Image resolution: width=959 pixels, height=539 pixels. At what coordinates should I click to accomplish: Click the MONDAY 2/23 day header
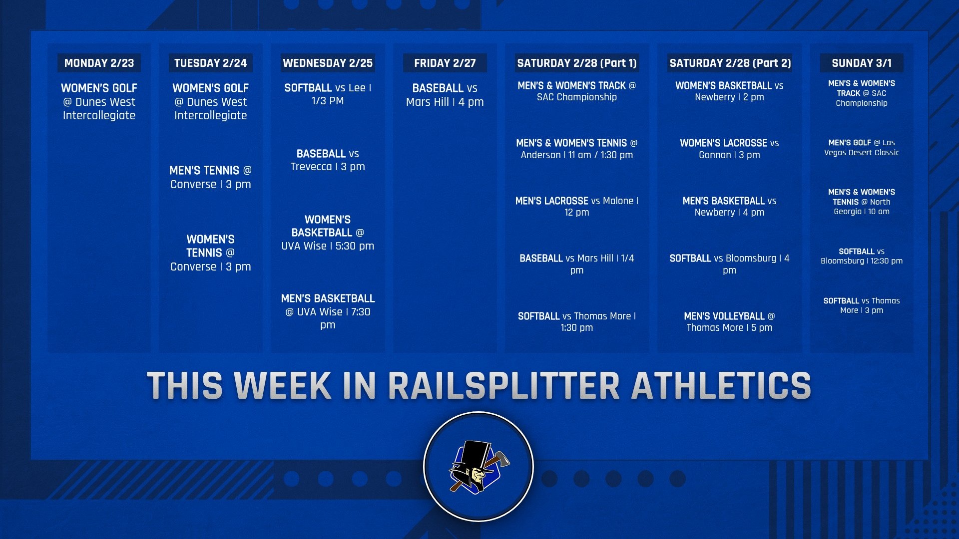(x=99, y=63)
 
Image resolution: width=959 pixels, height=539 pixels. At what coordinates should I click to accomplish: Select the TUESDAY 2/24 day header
(x=210, y=63)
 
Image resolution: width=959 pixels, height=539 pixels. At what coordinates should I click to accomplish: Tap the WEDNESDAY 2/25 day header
(x=328, y=63)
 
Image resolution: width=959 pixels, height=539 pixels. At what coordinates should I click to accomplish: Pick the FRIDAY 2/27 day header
(x=445, y=63)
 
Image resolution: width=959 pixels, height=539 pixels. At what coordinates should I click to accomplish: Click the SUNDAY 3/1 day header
(x=862, y=63)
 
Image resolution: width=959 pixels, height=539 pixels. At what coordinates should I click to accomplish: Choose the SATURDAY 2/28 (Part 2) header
(x=730, y=63)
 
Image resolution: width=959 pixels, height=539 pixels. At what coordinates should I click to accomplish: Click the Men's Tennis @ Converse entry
(x=210, y=177)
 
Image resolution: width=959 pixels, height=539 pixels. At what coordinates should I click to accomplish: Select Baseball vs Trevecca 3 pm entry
(x=328, y=160)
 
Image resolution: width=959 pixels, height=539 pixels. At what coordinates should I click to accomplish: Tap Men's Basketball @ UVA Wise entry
(x=328, y=311)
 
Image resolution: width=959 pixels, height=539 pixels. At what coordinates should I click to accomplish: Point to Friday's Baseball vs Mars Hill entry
(x=445, y=95)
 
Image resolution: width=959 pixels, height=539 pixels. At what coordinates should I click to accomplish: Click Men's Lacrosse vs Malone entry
(x=577, y=207)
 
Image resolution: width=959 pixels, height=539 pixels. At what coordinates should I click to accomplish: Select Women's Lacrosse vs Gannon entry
(x=730, y=149)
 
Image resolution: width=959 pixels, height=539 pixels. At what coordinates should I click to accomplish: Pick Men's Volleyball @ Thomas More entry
(x=730, y=322)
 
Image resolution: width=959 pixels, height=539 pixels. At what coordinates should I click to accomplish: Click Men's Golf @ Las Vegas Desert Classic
(x=862, y=147)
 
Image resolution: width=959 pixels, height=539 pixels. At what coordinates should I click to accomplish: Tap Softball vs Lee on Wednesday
(x=328, y=94)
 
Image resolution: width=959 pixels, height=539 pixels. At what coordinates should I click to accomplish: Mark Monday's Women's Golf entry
(x=99, y=102)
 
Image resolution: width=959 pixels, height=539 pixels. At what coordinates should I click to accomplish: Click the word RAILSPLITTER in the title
(x=503, y=385)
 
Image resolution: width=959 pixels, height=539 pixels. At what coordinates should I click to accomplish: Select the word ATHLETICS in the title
(x=721, y=385)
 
